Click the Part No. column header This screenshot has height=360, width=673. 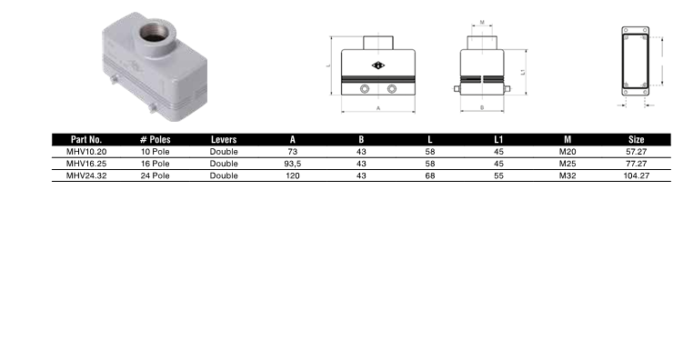pyautogui.click(x=86, y=139)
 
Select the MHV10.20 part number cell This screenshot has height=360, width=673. pyautogui.click(x=86, y=152)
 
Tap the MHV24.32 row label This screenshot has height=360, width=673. pyautogui.click(x=86, y=175)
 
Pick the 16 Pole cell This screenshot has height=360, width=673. pyautogui.click(x=155, y=164)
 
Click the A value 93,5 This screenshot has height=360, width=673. pyautogui.click(x=292, y=164)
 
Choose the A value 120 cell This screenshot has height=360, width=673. pyautogui.click(x=292, y=175)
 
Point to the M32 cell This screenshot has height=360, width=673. pyautogui.click(x=568, y=175)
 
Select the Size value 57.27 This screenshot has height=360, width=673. pyautogui.click(x=636, y=152)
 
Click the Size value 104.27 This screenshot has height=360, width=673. pyautogui.click(x=636, y=175)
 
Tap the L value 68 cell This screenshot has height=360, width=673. pyautogui.click(x=429, y=175)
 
